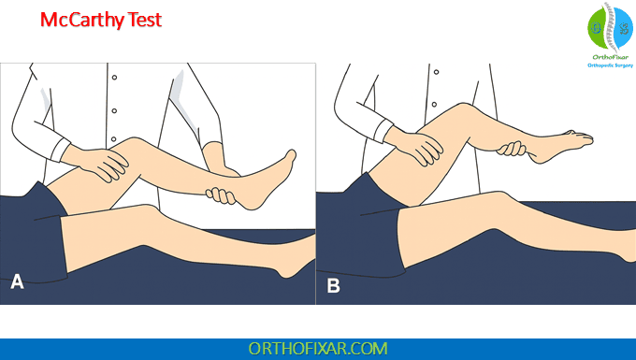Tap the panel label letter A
pos(16,281)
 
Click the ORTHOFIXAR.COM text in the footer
pos(317,348)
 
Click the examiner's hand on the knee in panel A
pos(106,163)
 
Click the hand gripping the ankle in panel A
pos(222,195)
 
